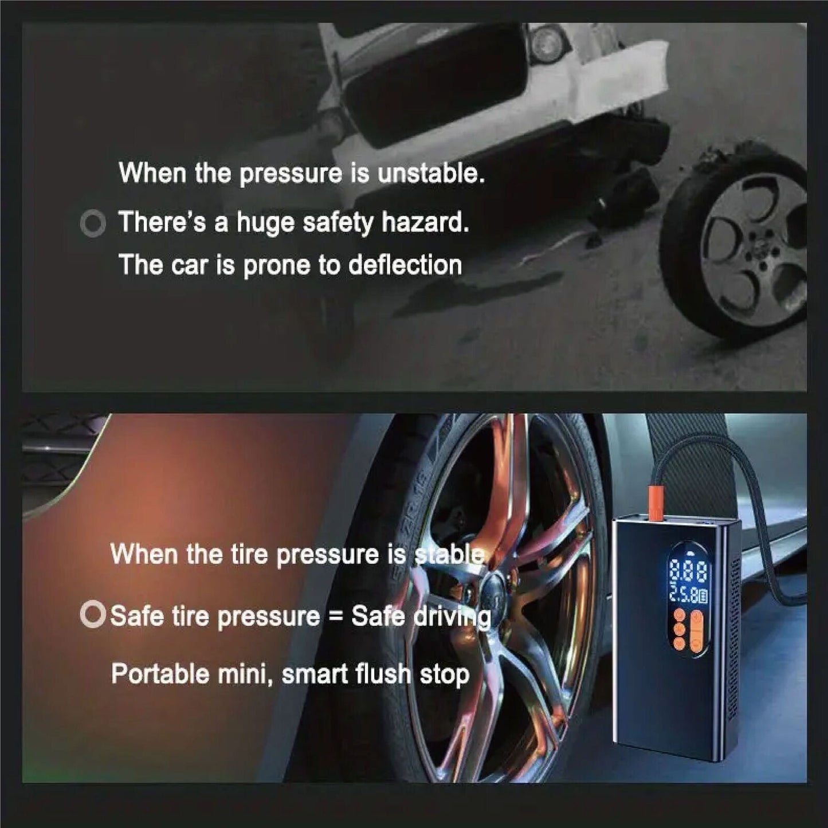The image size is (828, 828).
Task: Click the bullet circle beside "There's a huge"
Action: [x=93, y=224]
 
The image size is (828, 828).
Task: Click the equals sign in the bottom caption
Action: [x=335, y=617]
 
